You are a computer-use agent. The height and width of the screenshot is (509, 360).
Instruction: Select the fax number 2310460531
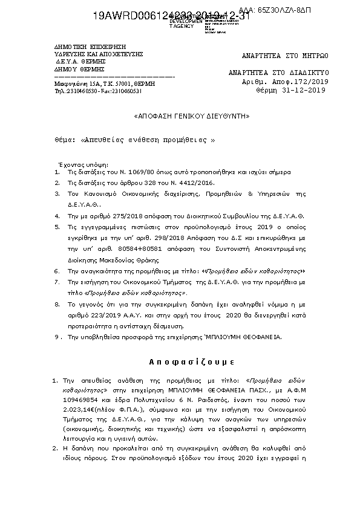[x=127, y=91]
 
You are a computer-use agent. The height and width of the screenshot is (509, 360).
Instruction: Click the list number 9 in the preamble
[x=57, y=336]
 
